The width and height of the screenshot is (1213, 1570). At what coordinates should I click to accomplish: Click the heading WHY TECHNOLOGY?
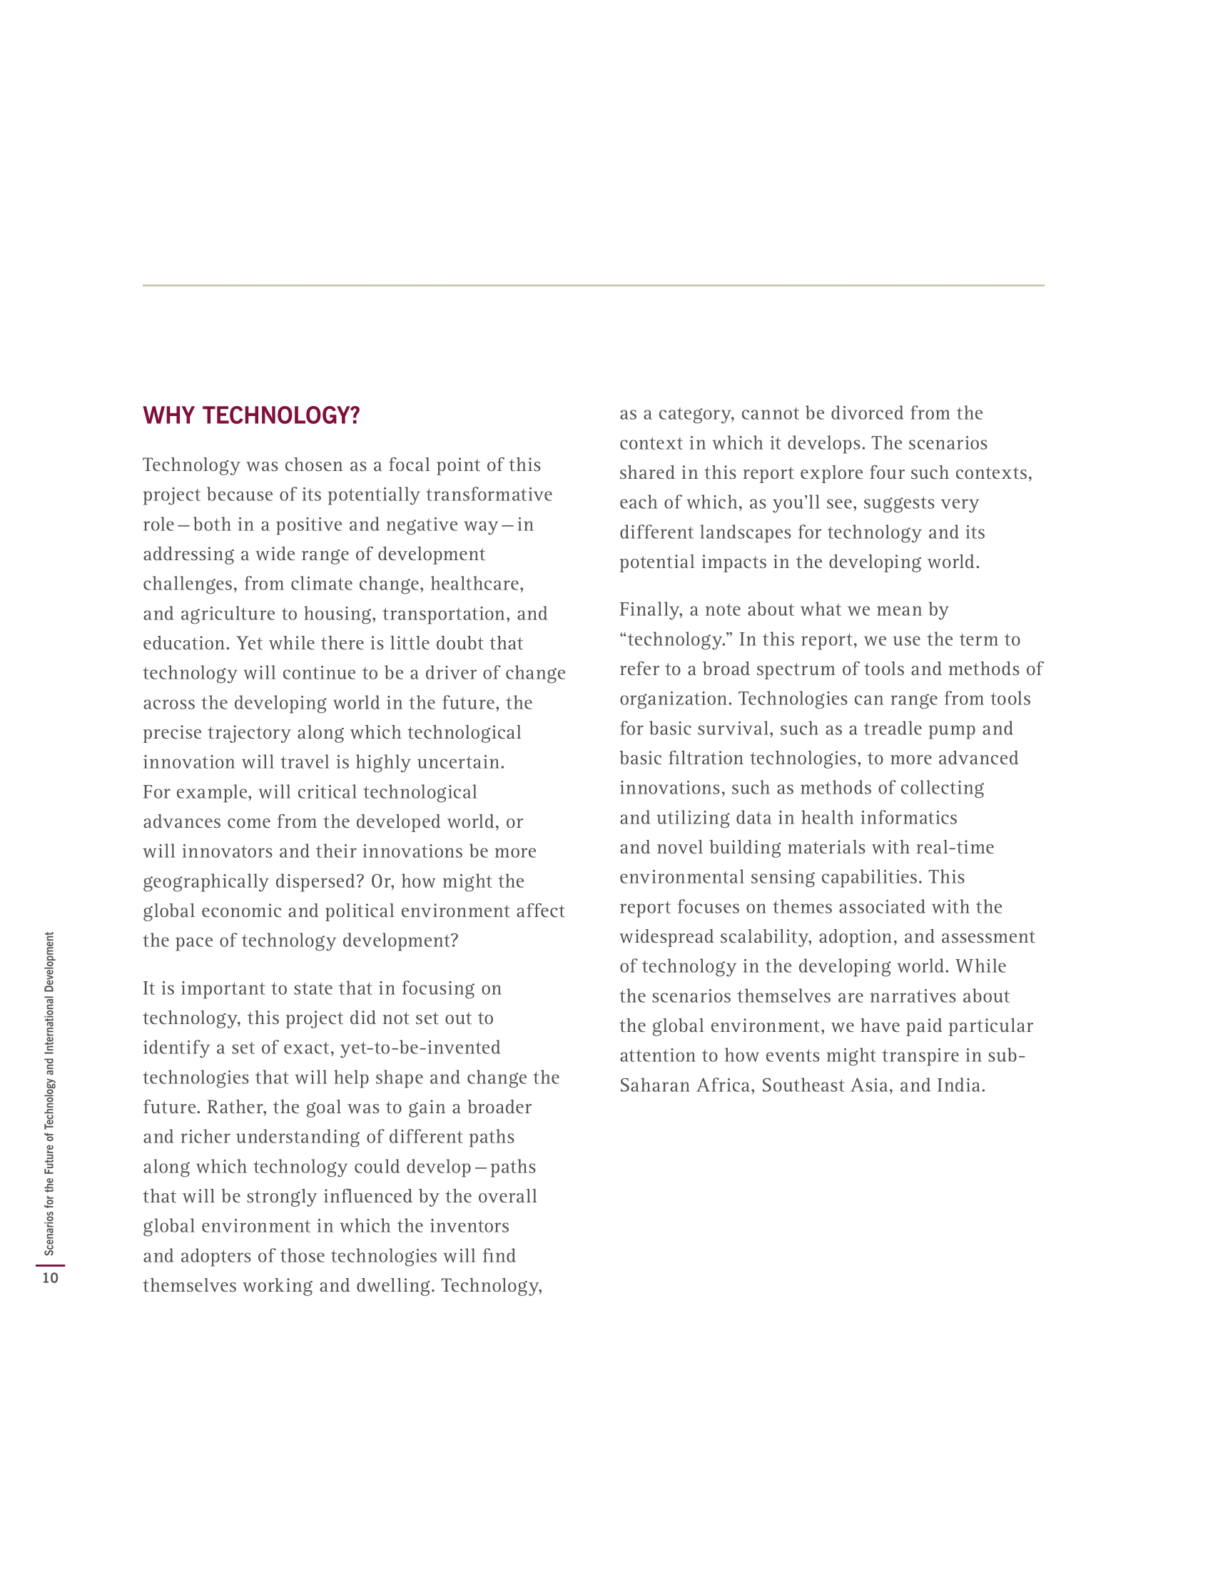pyautogui.click(x=250, y=415)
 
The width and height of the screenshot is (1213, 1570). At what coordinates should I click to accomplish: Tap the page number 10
pyautogui.click(x=50, y=1277)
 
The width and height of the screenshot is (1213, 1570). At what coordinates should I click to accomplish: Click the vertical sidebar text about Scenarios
pyautogui.click(x=49, y=1093)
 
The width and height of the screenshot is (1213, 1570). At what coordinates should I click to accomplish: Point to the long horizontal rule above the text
pyautogui.click(x=593, y=285)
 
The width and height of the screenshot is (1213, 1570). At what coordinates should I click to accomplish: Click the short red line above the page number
pyautogui.click(x=50, y=1265)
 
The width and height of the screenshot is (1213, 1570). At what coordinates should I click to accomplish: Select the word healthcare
pyautogui.click(x=477, y=584)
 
